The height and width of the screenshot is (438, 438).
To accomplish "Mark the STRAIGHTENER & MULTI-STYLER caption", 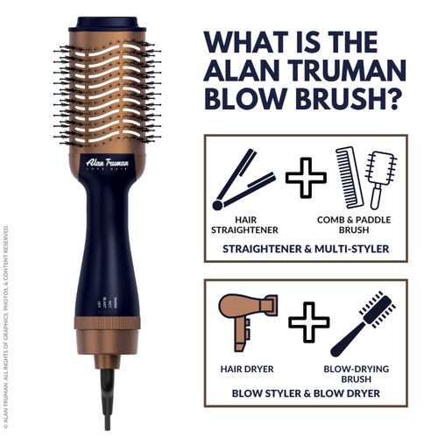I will (305, 248).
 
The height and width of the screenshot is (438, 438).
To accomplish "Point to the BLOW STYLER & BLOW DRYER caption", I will (305, 392).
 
